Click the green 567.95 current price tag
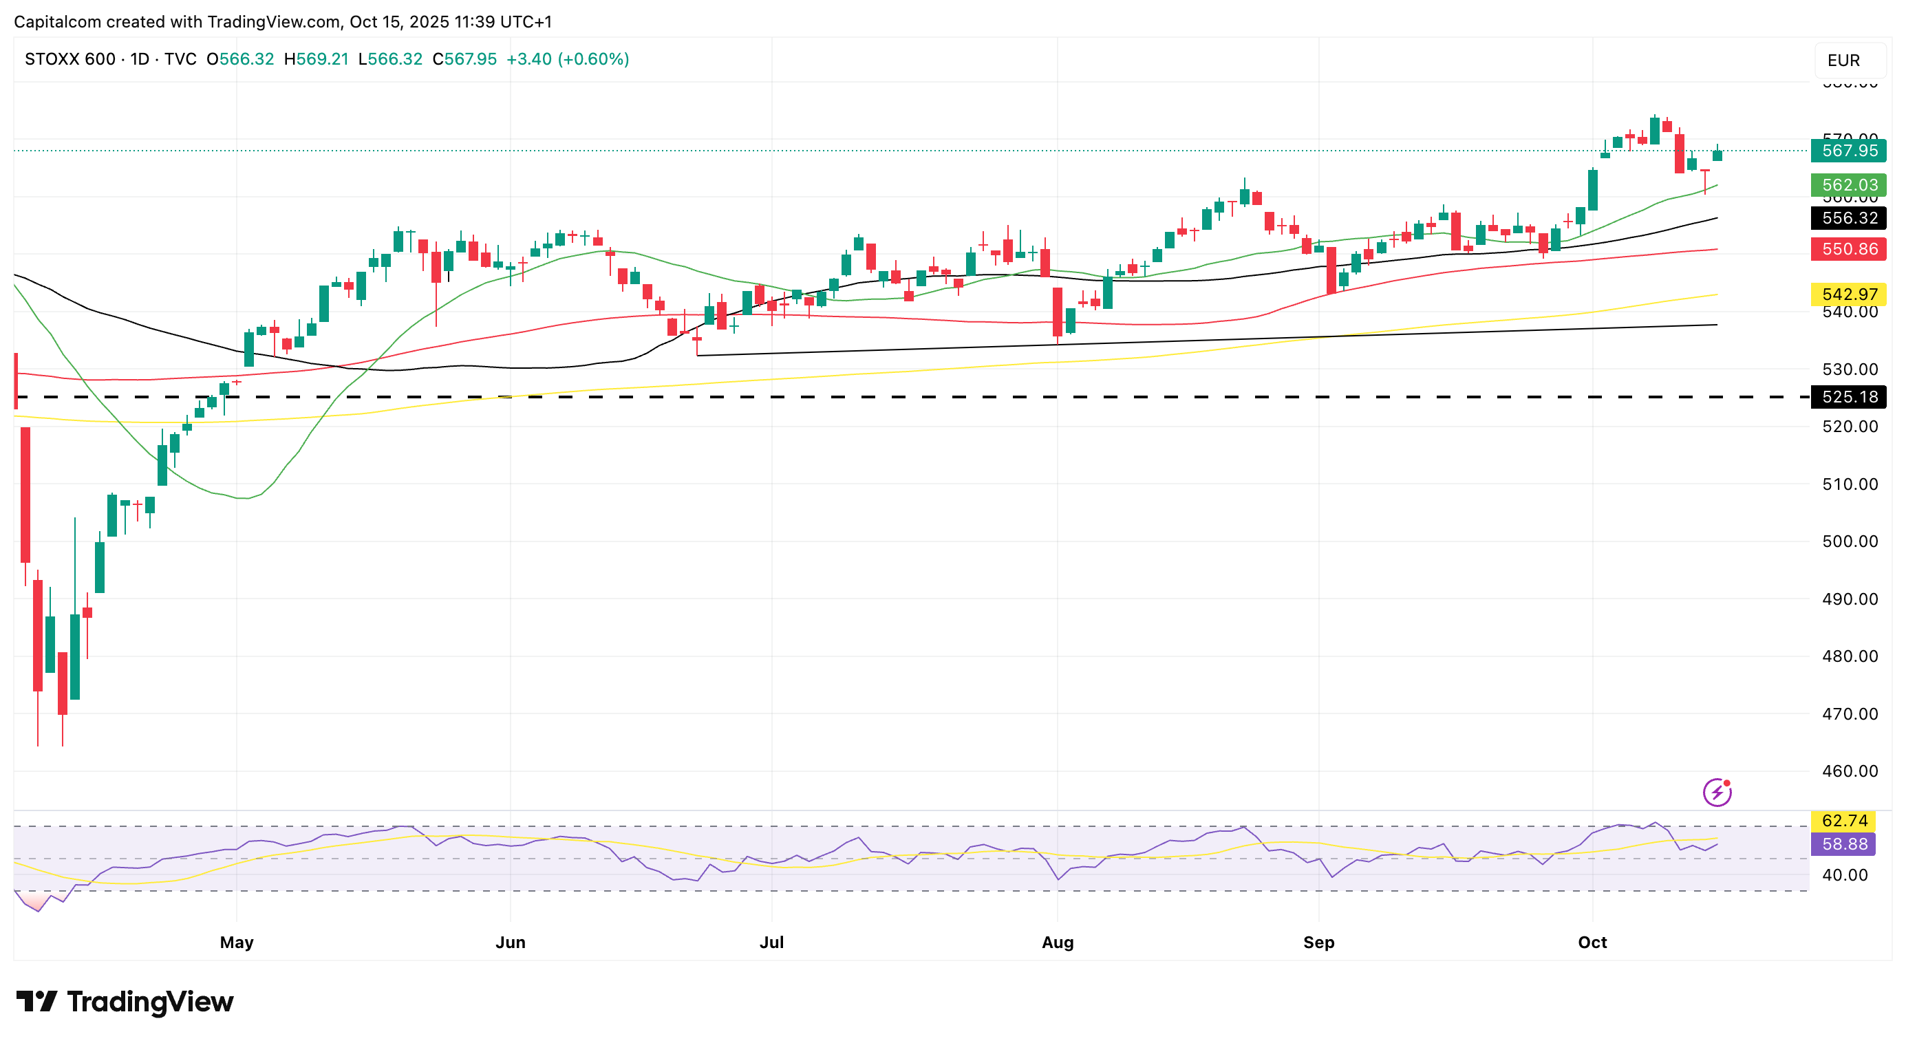[x=1848, y=151]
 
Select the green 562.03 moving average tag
[x=1848, y=185]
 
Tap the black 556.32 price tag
[x=1848, y=218]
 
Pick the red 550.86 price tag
[x=1848, y=249]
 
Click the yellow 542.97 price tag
[x=1848, y=294]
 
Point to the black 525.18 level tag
[x=1848, y=397]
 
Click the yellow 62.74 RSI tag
[x=1844, y=821]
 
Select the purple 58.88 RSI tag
[x=1844, y=844]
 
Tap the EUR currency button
[x=1843, y=61]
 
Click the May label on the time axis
[x=237, y=943]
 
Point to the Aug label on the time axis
[x=1058, y=943]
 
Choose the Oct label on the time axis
[x=1592, y=943]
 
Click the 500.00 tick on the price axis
[x=1850, y=541]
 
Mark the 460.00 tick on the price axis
[x=1850, y=771]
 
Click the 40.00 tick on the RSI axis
[x=1845, y=875]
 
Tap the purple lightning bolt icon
[x=1717, y=793]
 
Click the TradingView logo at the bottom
[x=125, y=1002]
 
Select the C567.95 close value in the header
[x=464, y=59]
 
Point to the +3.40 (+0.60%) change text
[x=568, y=59]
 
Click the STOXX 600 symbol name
[x=70, y=59]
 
